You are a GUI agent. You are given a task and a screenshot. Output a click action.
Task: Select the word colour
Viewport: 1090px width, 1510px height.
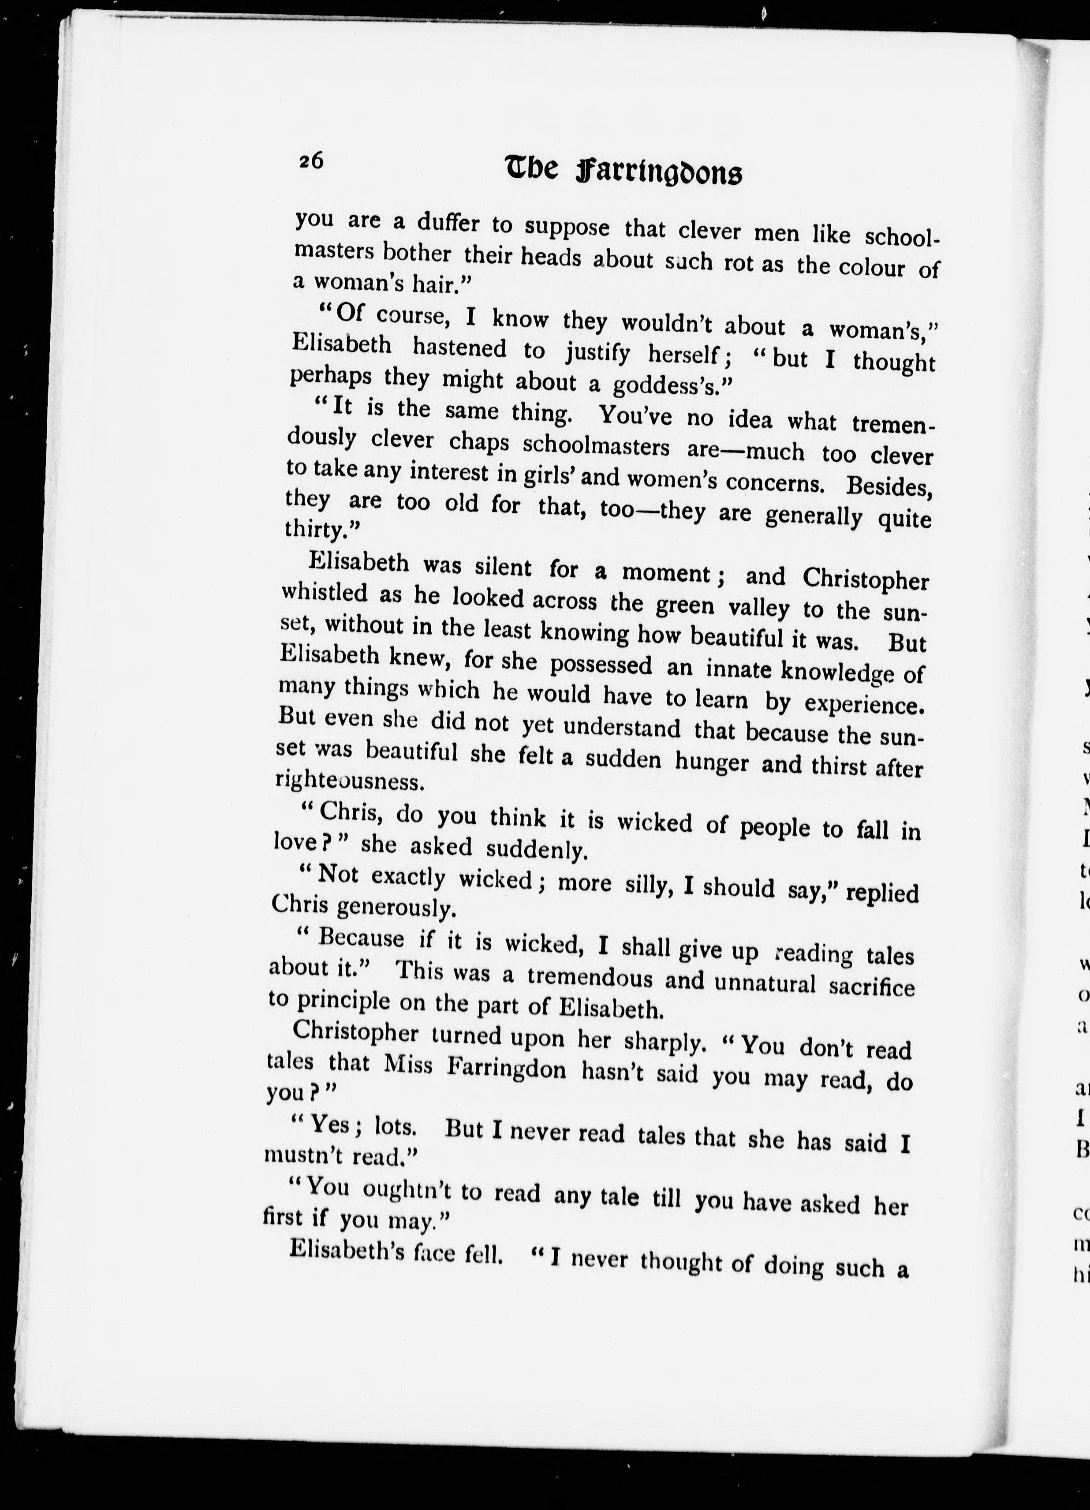coord(872,267)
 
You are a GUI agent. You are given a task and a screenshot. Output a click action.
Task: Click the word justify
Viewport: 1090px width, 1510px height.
coord(597,353)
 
